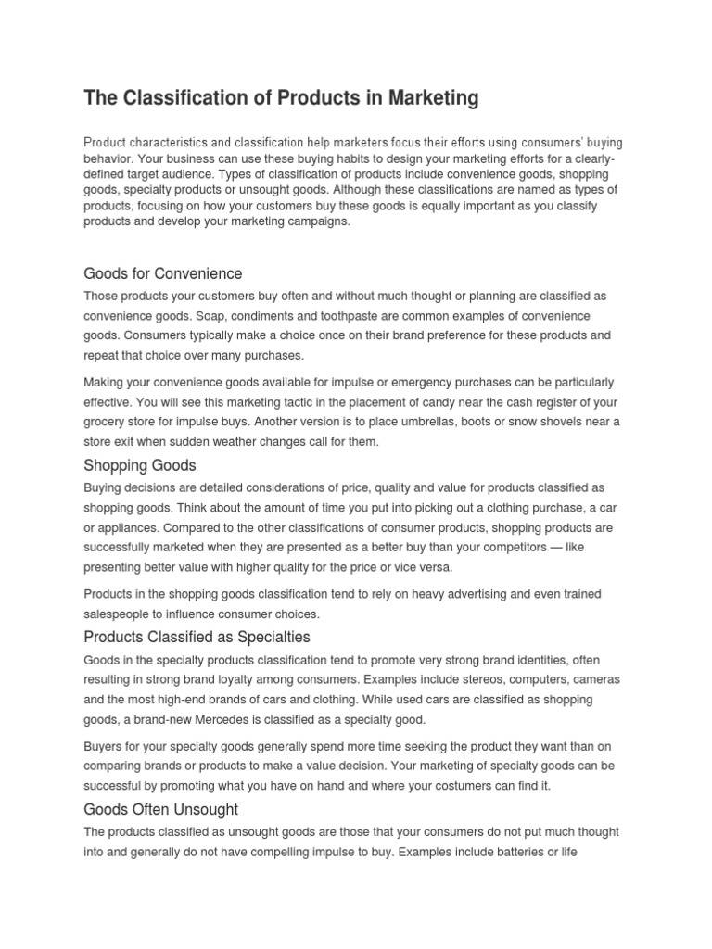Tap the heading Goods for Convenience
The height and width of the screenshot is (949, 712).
click(162, 273)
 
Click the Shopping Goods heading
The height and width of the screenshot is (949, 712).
click(140, 464)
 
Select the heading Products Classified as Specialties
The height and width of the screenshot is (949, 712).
click(197, 637)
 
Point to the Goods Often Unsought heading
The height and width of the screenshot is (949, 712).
click(155, 809)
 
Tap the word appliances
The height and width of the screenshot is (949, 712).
click(131, 526)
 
